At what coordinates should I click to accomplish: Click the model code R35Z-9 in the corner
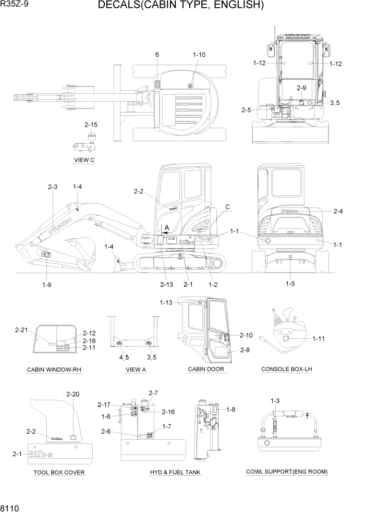point(15,5)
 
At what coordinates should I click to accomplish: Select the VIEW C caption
point(84,160)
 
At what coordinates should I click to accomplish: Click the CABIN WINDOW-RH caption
point(54,370)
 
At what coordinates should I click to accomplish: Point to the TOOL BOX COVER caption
point(59,472)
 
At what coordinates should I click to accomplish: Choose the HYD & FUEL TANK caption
point(175,472)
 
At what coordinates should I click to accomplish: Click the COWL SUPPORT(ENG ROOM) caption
point(287,472)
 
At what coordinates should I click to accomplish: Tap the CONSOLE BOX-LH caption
point(287,370)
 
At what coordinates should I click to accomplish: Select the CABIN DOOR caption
point(206,370)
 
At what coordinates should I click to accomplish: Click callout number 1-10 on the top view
point(199,55)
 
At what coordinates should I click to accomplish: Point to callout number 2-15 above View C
point(91,125)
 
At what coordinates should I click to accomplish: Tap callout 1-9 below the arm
point(46,284)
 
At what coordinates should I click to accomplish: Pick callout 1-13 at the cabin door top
point(166,302)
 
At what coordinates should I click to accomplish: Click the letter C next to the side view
point(227,207)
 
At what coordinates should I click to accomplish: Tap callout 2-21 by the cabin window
point(21,330)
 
